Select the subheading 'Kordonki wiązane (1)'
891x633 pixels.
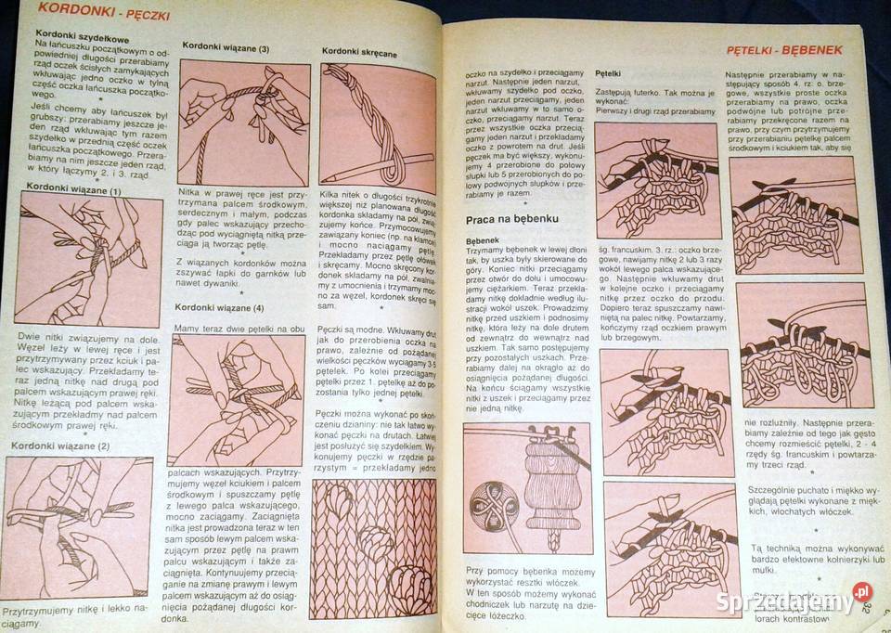(x=73, y=189)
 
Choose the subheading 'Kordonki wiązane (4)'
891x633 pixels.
(x=218, y=307)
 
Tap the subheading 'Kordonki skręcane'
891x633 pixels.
(x=359, y=53)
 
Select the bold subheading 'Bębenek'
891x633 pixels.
(x=483, y=239)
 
